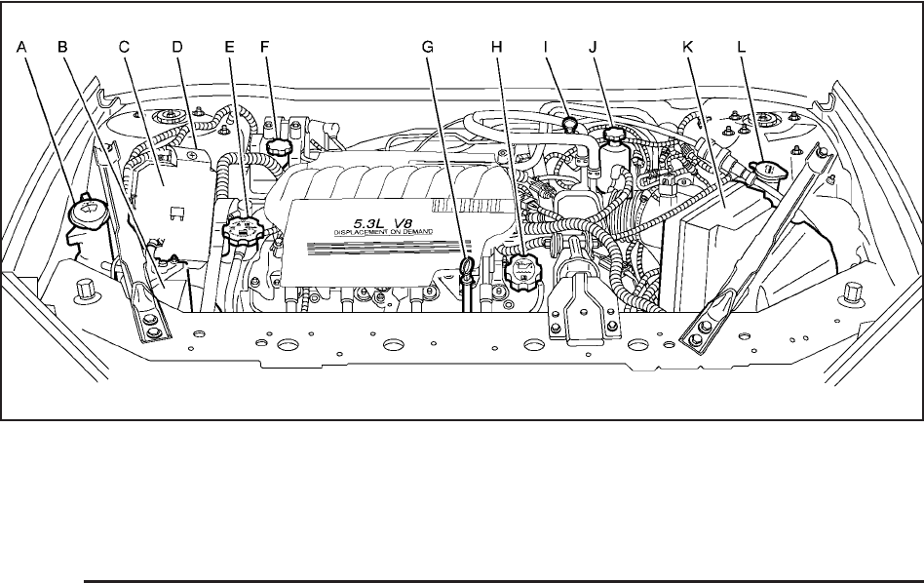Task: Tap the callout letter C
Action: [x=124, y=46]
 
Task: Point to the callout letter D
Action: [x=177, y=46]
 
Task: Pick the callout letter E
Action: [x=230, y=46]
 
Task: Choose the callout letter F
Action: [x=266, y=46]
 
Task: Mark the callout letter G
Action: [x=426, y=46]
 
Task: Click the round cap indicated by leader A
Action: [x=89, y=209]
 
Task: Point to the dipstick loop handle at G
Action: [x=468, y=269]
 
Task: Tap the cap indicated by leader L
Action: [x=763, y=175]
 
